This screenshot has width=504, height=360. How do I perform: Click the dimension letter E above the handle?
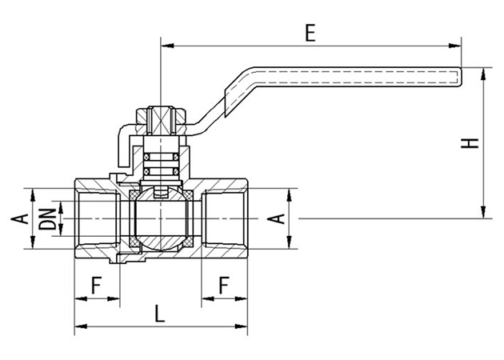[310, 33]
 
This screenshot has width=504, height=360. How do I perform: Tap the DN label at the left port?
[50, 218]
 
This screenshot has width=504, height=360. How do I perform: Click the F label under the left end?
[96, 283]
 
